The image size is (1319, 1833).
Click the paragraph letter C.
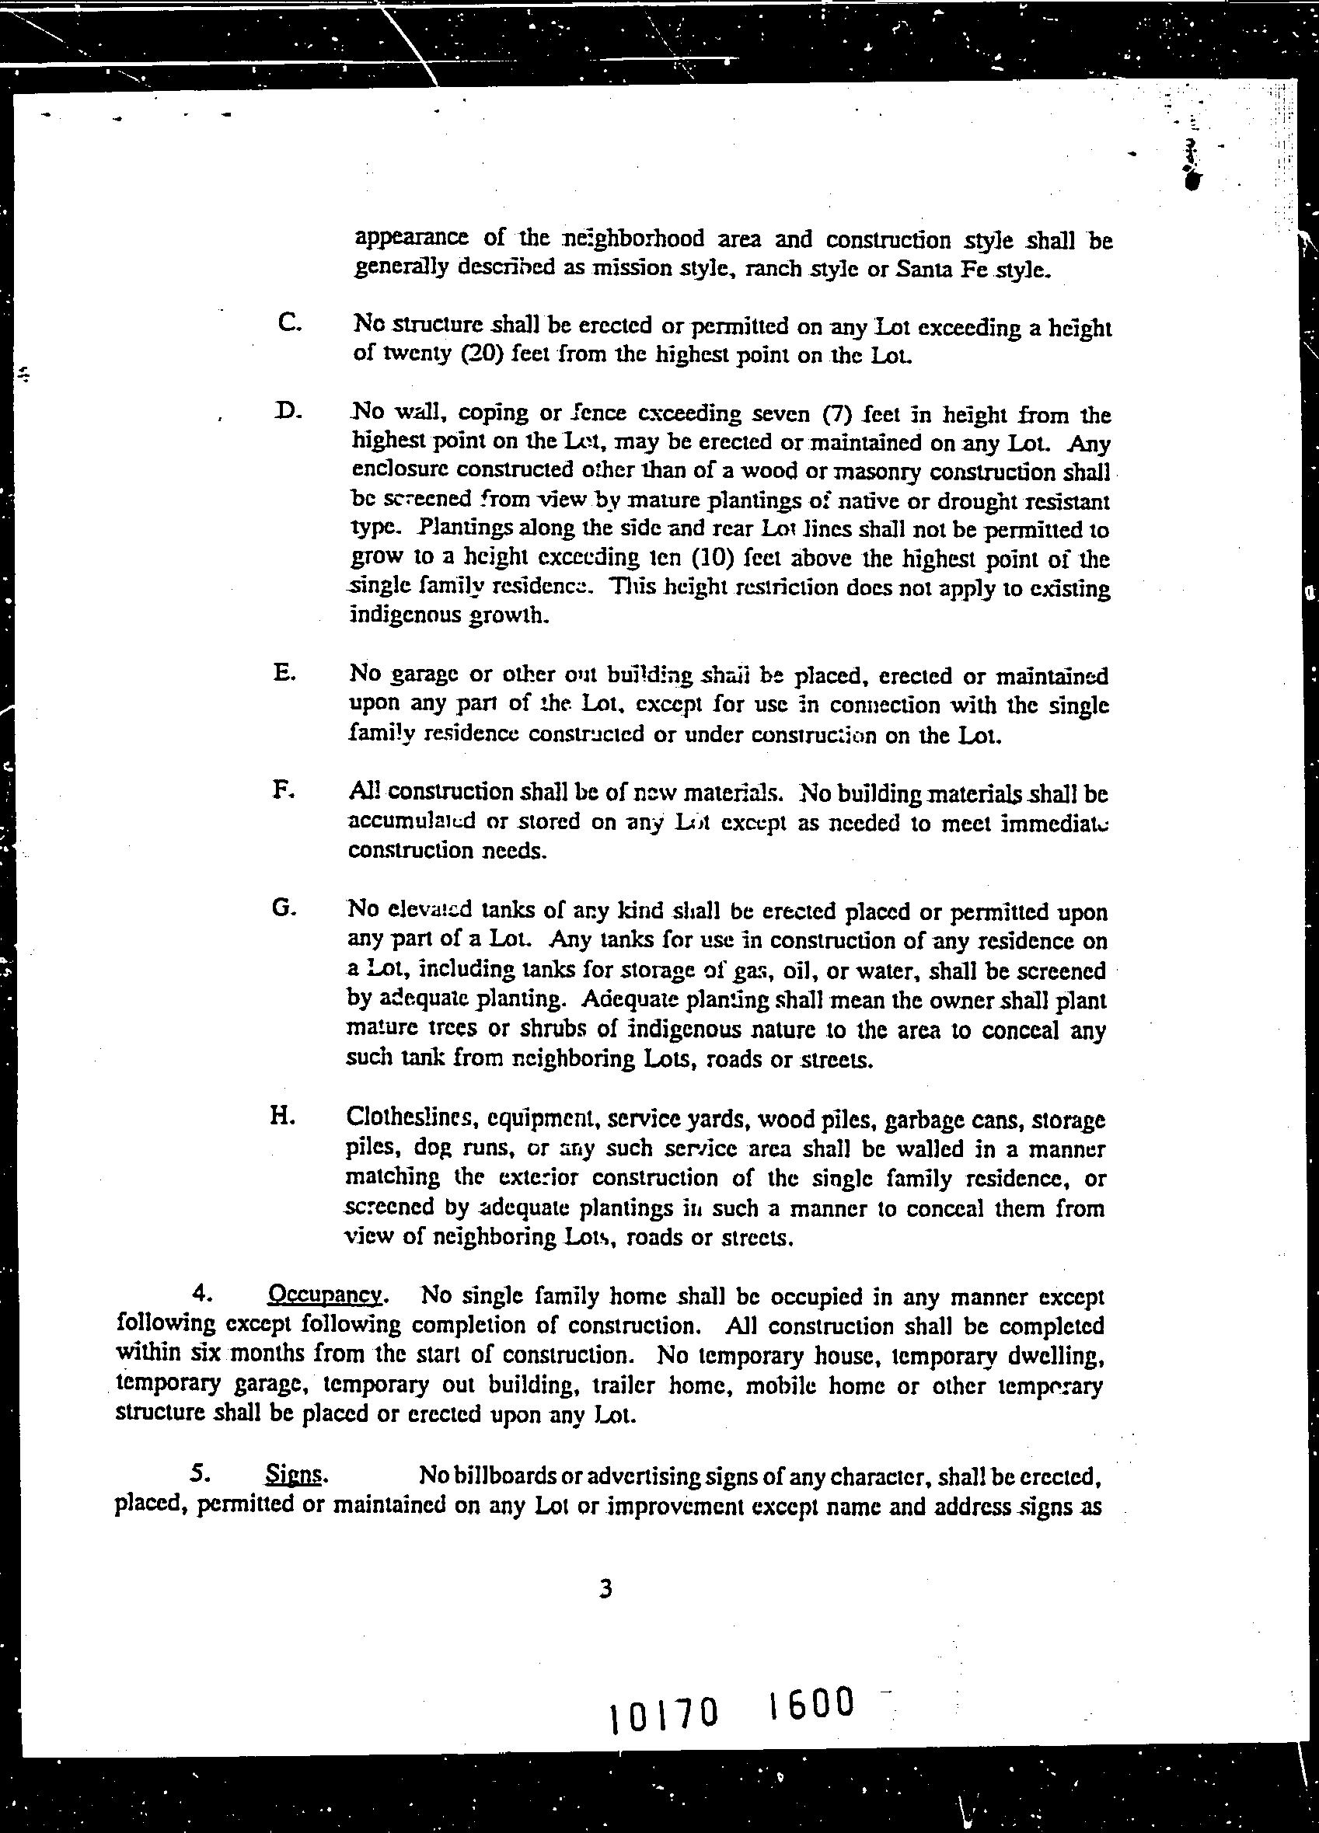click(288, 322)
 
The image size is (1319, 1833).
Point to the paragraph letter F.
click(282, 789)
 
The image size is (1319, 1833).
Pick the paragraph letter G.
click(284, 908)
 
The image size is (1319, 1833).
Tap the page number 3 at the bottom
click(606, 1590)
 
